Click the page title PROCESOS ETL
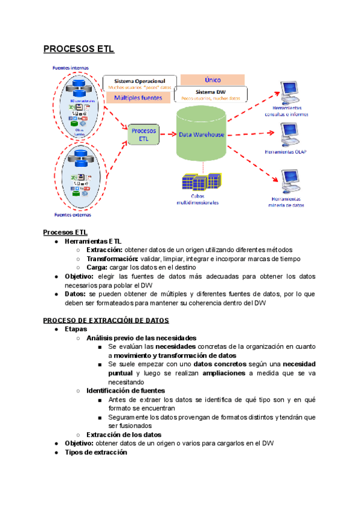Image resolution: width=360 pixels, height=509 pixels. click(79, 49)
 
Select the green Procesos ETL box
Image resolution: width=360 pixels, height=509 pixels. click(143, 134)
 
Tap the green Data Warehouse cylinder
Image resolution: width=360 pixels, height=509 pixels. click(202, 134)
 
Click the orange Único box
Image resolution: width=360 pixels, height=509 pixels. click(212, 79)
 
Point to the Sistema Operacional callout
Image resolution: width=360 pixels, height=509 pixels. click(140, 83)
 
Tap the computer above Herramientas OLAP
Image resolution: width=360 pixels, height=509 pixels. click(290, 134)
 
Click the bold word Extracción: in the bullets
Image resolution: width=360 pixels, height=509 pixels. click(104, 250)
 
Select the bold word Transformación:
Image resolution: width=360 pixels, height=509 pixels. click(112, 259)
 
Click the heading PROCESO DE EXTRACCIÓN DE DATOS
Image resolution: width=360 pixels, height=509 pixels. click(106, 320)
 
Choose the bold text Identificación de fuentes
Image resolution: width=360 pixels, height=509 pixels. click(125, 390)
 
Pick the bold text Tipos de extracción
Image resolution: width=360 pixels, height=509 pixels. click(96, 452)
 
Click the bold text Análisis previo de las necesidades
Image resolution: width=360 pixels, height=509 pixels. click(141, 338)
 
